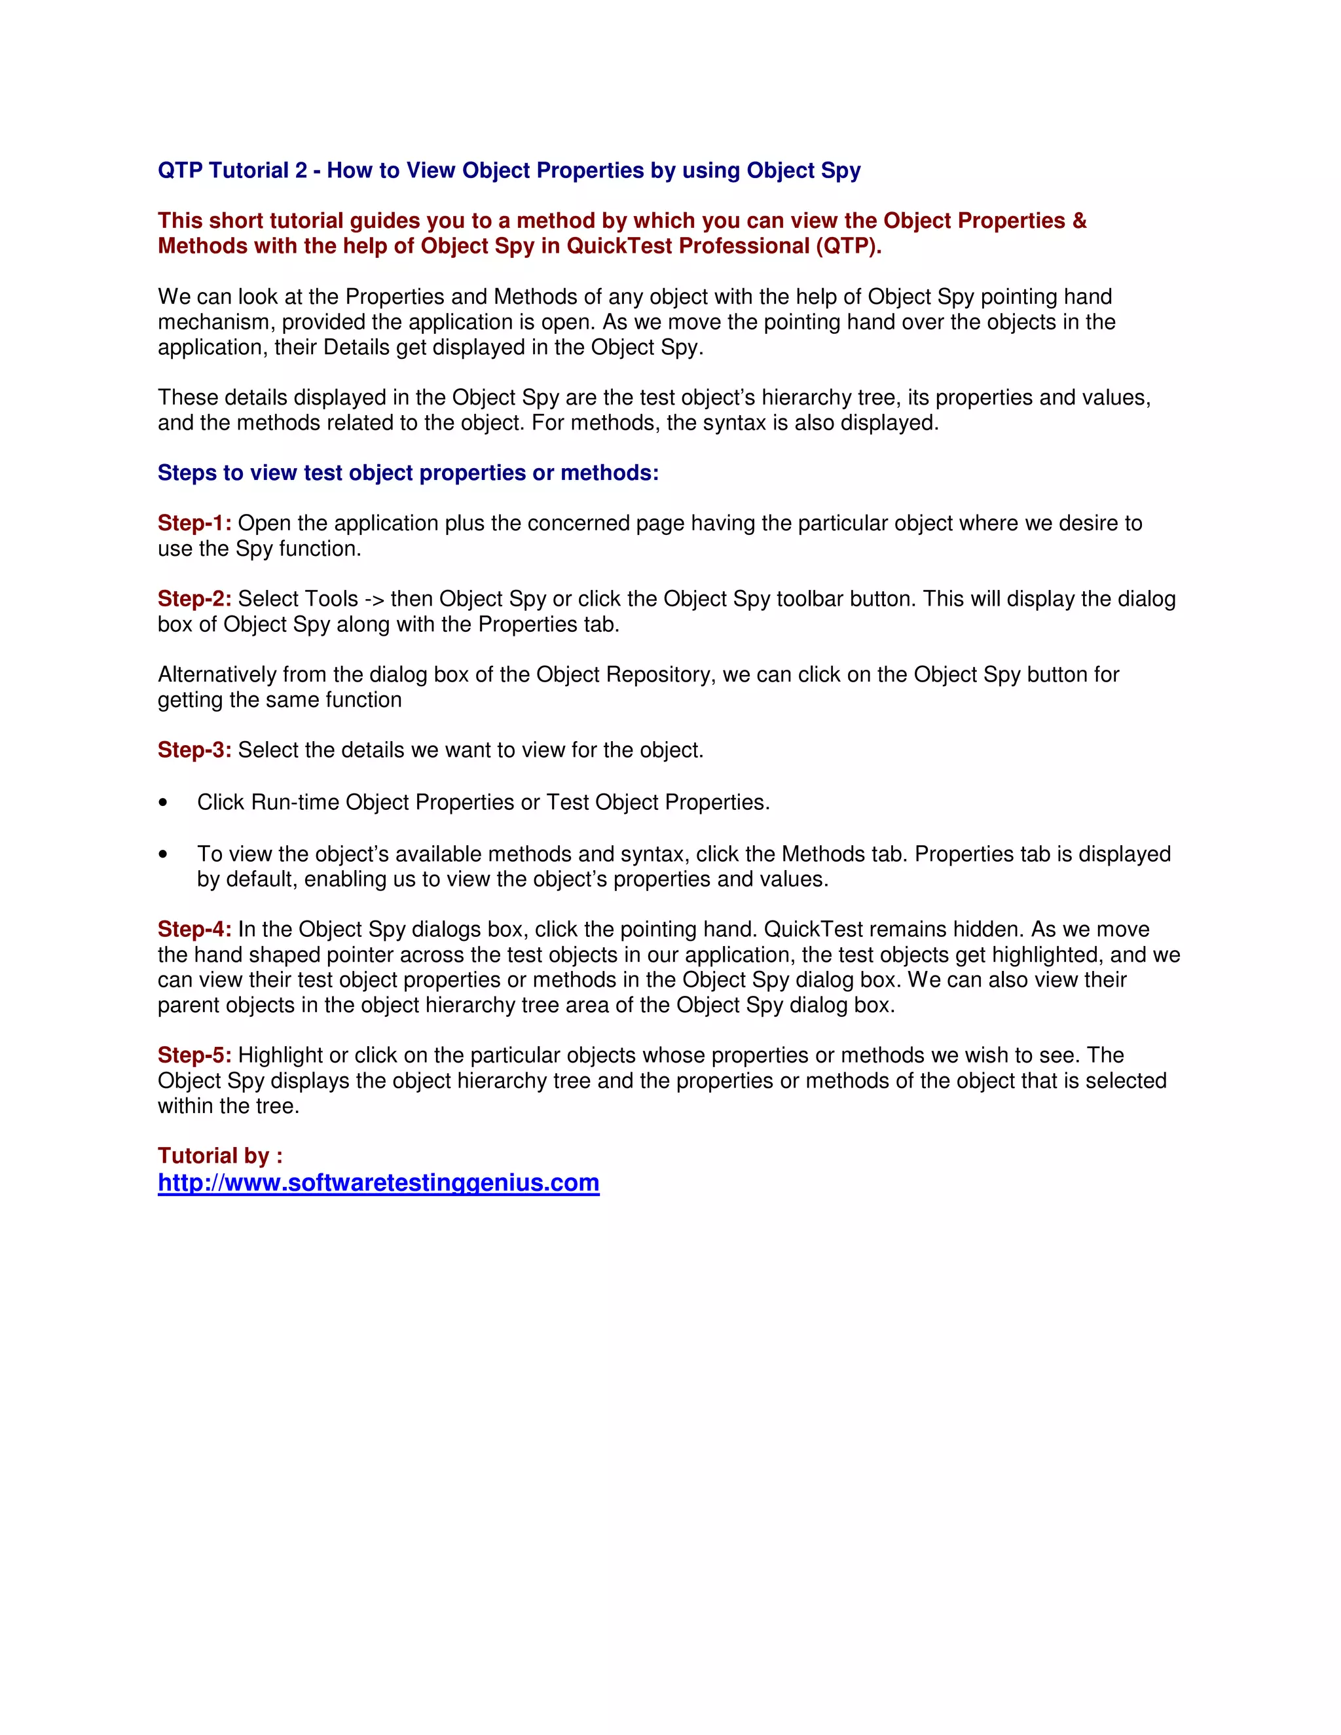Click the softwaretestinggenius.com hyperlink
coord(378,1183)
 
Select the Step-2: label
coord(194,598)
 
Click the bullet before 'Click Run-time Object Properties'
coord(163,803)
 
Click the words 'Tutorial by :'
coord(220,1156)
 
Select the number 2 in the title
coord(301,171)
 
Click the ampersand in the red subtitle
coord(1079,221)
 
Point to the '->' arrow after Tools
coord(374,599)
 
